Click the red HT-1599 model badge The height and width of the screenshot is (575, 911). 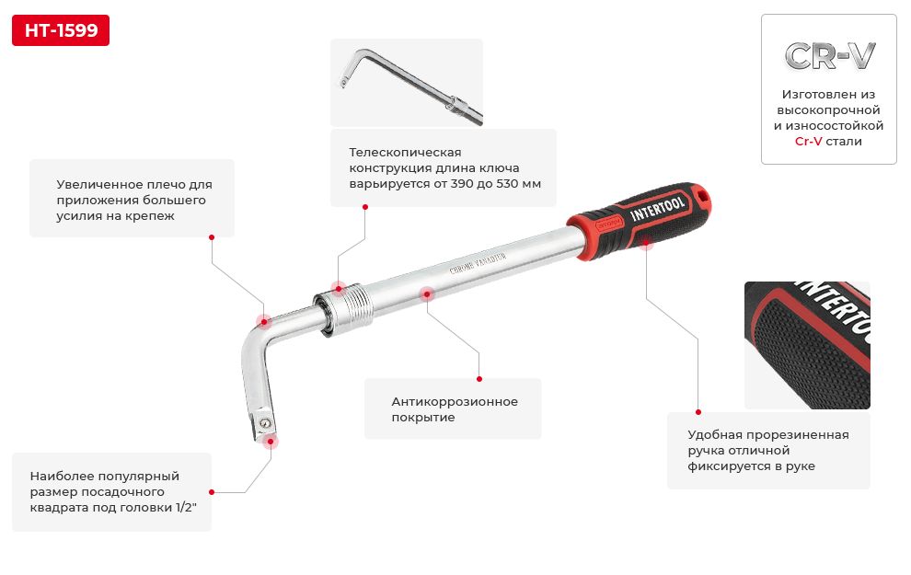click(x=61, y=30)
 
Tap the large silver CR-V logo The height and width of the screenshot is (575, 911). click(x=829, y=56)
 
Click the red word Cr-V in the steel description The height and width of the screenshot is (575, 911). click(x=808, y=141)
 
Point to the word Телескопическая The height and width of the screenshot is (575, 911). click(x=405, y=152)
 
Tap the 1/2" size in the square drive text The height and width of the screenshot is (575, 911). click(x=186, y=508)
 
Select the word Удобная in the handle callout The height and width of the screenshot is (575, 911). click(x=714, y=435)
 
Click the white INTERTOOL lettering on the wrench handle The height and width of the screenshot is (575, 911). click(x=657, y=208)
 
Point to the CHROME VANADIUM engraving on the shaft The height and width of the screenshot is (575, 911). click(x=478, y=263)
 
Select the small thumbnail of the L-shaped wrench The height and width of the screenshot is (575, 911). click(x=407, y=83)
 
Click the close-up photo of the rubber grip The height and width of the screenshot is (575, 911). click(x=807, y=345)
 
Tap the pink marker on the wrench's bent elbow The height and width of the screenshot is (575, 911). click(x=264, y=322)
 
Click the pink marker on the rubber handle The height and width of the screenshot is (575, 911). click(x=646, y=244)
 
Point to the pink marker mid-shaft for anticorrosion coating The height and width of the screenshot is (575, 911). click(x=427, y=294)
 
